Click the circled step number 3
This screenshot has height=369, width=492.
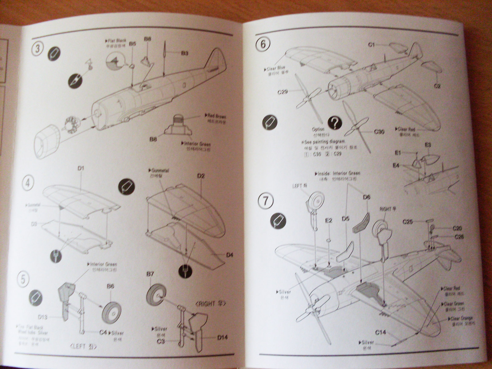tap(37, 49)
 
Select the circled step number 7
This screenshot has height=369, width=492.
tap(265, 201)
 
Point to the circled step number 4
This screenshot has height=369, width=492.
tap(28, 184)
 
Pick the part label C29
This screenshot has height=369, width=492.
tap(282, 92)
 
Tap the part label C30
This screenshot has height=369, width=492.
tap(379, 132)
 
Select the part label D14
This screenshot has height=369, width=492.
tap(222, 337)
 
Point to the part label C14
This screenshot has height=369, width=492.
tap(380, 332)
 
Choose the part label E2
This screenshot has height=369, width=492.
tap(329, 220)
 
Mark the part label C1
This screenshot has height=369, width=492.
tap(371, 45)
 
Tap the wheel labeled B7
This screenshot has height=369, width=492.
tap(156, 295)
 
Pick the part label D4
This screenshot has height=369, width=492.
tap(230, 255)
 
